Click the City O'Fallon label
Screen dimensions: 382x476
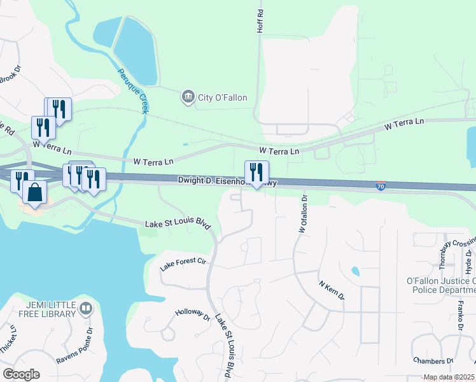[x=222, y=97]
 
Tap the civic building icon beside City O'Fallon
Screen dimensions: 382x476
[x=188, y=97]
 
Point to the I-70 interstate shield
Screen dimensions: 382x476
[x=381, y=185]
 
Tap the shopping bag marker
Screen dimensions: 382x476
[x=34, y=192]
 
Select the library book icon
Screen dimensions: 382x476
[x=86, y=309]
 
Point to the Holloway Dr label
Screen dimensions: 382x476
[x=193, y=315]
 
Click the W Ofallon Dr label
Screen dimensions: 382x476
[x=303, y=213]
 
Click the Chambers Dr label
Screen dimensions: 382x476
[x=433, y=361]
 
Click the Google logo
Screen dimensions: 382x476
[x=21, y=374]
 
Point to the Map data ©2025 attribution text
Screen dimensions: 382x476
[x=449, y=378]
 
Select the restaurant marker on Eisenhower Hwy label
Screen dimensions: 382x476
[x=256, y=173]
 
